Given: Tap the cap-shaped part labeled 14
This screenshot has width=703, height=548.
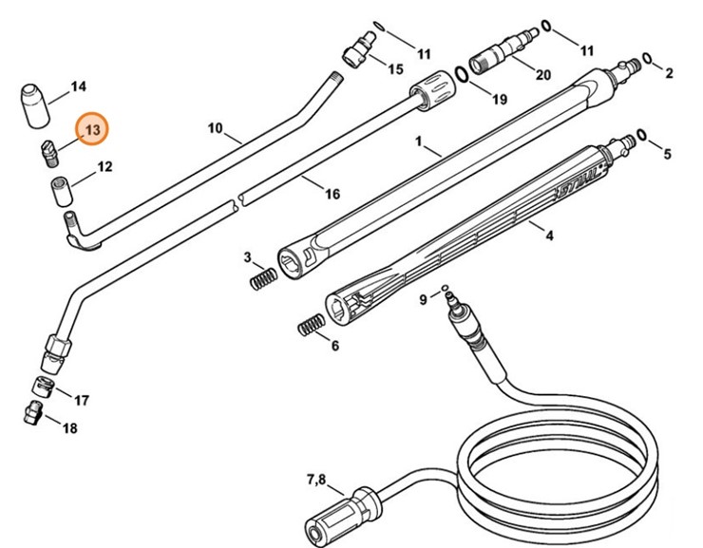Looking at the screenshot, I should click(35, 104).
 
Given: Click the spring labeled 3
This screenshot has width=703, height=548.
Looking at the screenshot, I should click(265, 278).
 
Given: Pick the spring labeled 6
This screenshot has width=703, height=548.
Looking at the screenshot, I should click(309, 327).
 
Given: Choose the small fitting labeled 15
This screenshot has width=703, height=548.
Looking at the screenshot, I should click(359, 48).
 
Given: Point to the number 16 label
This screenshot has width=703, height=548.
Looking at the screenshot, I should click(332, 195).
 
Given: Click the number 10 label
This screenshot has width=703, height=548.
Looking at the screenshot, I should click(215, 127).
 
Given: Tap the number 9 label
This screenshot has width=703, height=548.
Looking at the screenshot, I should click(423, 301).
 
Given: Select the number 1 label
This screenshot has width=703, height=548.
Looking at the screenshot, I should click(417, 142).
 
